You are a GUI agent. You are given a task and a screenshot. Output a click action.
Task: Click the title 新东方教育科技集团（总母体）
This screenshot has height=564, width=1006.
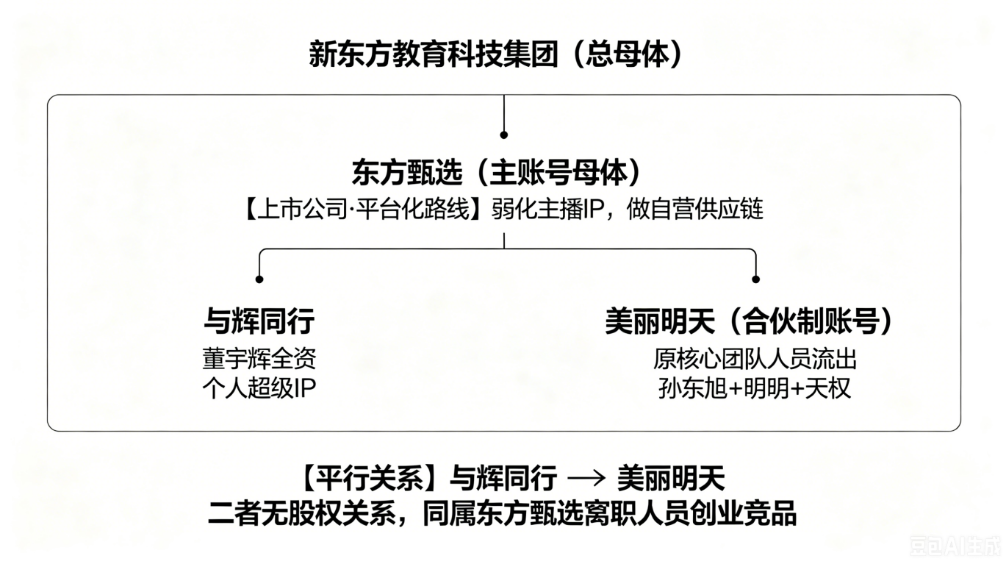point(496,55)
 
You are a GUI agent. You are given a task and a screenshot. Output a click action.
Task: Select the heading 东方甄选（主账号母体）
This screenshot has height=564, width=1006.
point(496,173)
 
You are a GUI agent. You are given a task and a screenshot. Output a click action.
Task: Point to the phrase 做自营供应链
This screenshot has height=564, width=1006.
point(694,210)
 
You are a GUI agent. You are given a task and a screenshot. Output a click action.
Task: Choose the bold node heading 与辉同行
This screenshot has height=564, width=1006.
point(259,321)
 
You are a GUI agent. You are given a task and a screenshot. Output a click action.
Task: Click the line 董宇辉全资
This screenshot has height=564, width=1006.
point(259,359)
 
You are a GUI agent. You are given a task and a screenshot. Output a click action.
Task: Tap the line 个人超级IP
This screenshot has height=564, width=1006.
point(259,388)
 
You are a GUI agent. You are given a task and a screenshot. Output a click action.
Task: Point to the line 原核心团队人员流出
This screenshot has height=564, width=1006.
point(755,359)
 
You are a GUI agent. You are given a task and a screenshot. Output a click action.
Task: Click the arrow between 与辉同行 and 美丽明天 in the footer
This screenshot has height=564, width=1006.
point(586,478)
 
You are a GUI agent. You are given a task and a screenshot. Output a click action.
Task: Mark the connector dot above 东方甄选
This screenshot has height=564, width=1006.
point(504,135)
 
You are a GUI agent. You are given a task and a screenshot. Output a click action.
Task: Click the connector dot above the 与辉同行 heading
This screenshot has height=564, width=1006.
point(259,279)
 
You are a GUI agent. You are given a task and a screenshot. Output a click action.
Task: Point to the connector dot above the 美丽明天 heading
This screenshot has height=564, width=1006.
point(756,279)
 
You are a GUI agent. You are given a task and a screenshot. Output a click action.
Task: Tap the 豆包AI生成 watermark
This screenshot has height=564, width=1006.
point(957,546)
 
